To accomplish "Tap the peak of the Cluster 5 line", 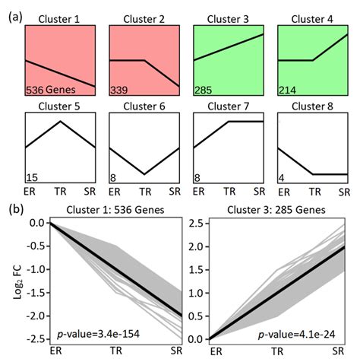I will [x=61, y=122].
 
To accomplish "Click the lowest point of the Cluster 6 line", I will [x=144, y=174].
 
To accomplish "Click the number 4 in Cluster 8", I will [x=283, y=176].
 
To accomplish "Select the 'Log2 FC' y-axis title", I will [x=11, y=280].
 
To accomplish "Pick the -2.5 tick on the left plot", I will [x=36, y=339].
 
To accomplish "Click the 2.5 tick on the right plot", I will [x=196, y=224].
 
